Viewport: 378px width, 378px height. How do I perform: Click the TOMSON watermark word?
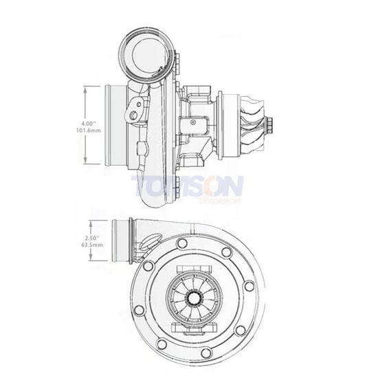click(186, 186)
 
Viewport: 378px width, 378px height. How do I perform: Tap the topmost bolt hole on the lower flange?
click(182, 243)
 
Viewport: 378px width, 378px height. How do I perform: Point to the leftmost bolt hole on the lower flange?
click(140, 310)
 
